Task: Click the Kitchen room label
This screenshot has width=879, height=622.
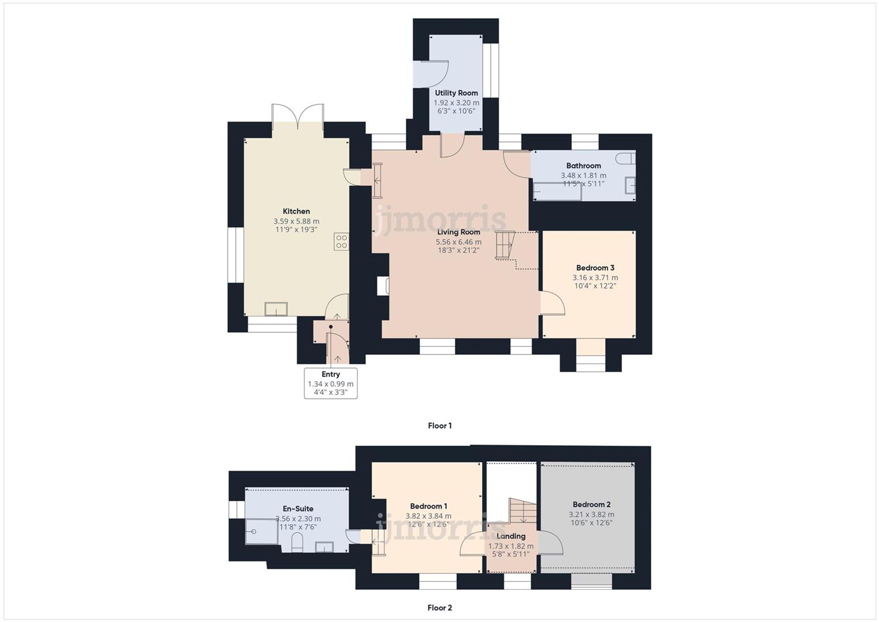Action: point(296,211)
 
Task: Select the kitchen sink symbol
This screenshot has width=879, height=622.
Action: point(276,309)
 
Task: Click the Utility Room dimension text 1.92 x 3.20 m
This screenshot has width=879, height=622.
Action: point(456,103)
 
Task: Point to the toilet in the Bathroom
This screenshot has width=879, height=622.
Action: point(626,158)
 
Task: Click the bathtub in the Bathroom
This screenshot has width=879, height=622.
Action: point(557,193)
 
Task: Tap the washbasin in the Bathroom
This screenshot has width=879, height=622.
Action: point(630,185)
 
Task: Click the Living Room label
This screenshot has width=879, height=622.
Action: point(458,232)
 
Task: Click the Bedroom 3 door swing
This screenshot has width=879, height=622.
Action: point(552,303)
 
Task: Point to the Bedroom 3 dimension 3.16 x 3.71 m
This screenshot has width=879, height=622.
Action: point(595,278)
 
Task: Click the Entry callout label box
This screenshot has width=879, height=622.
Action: point(331,383)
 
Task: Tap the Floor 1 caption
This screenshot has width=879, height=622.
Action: point(439,426)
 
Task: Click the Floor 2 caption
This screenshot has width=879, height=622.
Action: point(439,607)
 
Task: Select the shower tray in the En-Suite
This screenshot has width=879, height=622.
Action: point(261,531)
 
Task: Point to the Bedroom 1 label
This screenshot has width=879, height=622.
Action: point(429,506)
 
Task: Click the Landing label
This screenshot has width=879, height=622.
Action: point(511,536)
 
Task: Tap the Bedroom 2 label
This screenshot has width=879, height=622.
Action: point(591,505)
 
